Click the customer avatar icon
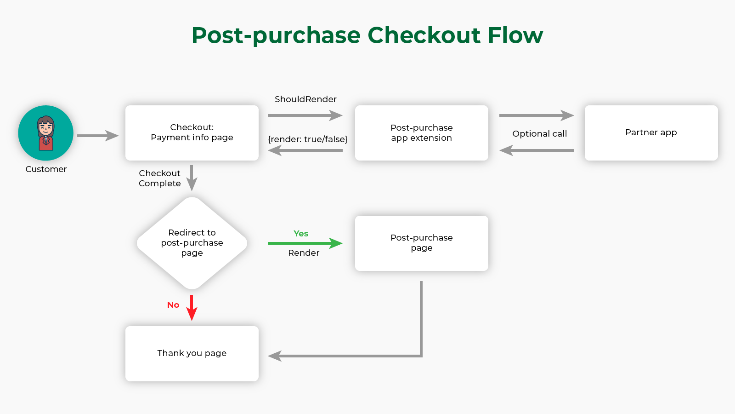pyautogui.click(x=45, y=133)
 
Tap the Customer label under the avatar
pyautogui.click(x=46, y=169)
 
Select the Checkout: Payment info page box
pyautogui.click(x=192, y=133)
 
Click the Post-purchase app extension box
pyautogui.click(x=422, y=133)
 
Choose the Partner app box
pyautogui.click(x=651, y=133)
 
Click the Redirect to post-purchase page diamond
pyautogui.click(x=192, y=243)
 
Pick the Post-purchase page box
pyautogui.click(x=422, y=243)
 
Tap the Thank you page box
pyautogui.click(x=192, y=354)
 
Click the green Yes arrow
pyautogui.click(x=305, y=243)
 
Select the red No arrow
pyautogui.click(x=192, y=308)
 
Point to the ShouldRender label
pyautogui.click(x=305, y=99)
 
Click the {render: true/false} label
pyautogui.click(x=307, y=139)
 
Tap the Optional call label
pyautogui.click(x=539, y=134)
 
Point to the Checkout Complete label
pyautogui.click(x=159, y=178)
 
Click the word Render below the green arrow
pyautogui.click(x=304, y=253)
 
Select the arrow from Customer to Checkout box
pyautogui.click(x=98, y=135)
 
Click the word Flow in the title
pyautogui.click(x=515, y=35)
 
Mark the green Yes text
pyautogui.click(x=301, y=234)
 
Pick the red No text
pyautogui.click(x=173, y=305)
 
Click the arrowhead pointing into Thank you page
pyautogui.click(x=274, y=356)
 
